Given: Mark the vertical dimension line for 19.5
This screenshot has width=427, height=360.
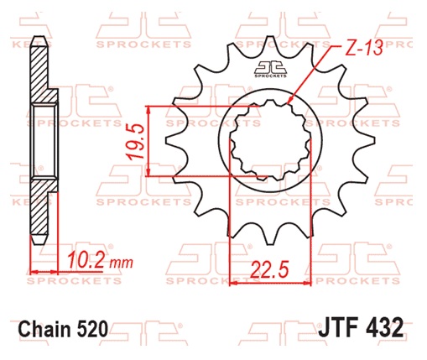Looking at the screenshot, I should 148,141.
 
